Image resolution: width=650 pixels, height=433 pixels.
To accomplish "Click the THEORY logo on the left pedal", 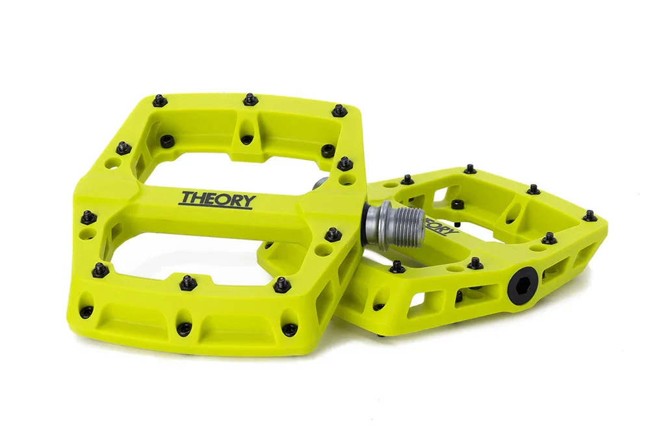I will (x=218, y=199).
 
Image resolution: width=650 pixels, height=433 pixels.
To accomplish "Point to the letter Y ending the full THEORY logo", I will (x=248, y=201).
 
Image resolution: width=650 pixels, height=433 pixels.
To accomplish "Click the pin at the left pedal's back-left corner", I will (x=159, y=100).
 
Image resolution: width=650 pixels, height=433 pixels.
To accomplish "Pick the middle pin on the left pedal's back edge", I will (x=250, y=99).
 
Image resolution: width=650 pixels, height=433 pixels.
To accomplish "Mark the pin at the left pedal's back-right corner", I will (x=339, y=111).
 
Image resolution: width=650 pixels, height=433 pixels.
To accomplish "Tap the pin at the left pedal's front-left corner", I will (x=99, y=269).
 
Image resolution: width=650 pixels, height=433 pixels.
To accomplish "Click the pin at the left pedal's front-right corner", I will (x=281, y=284).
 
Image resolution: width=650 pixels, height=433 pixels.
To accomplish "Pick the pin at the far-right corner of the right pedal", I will (x=590, y=215).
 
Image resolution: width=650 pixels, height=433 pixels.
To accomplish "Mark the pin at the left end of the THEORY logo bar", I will (x=86, y=214).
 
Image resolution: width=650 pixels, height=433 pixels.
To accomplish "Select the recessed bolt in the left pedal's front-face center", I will (x=185, y=328).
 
